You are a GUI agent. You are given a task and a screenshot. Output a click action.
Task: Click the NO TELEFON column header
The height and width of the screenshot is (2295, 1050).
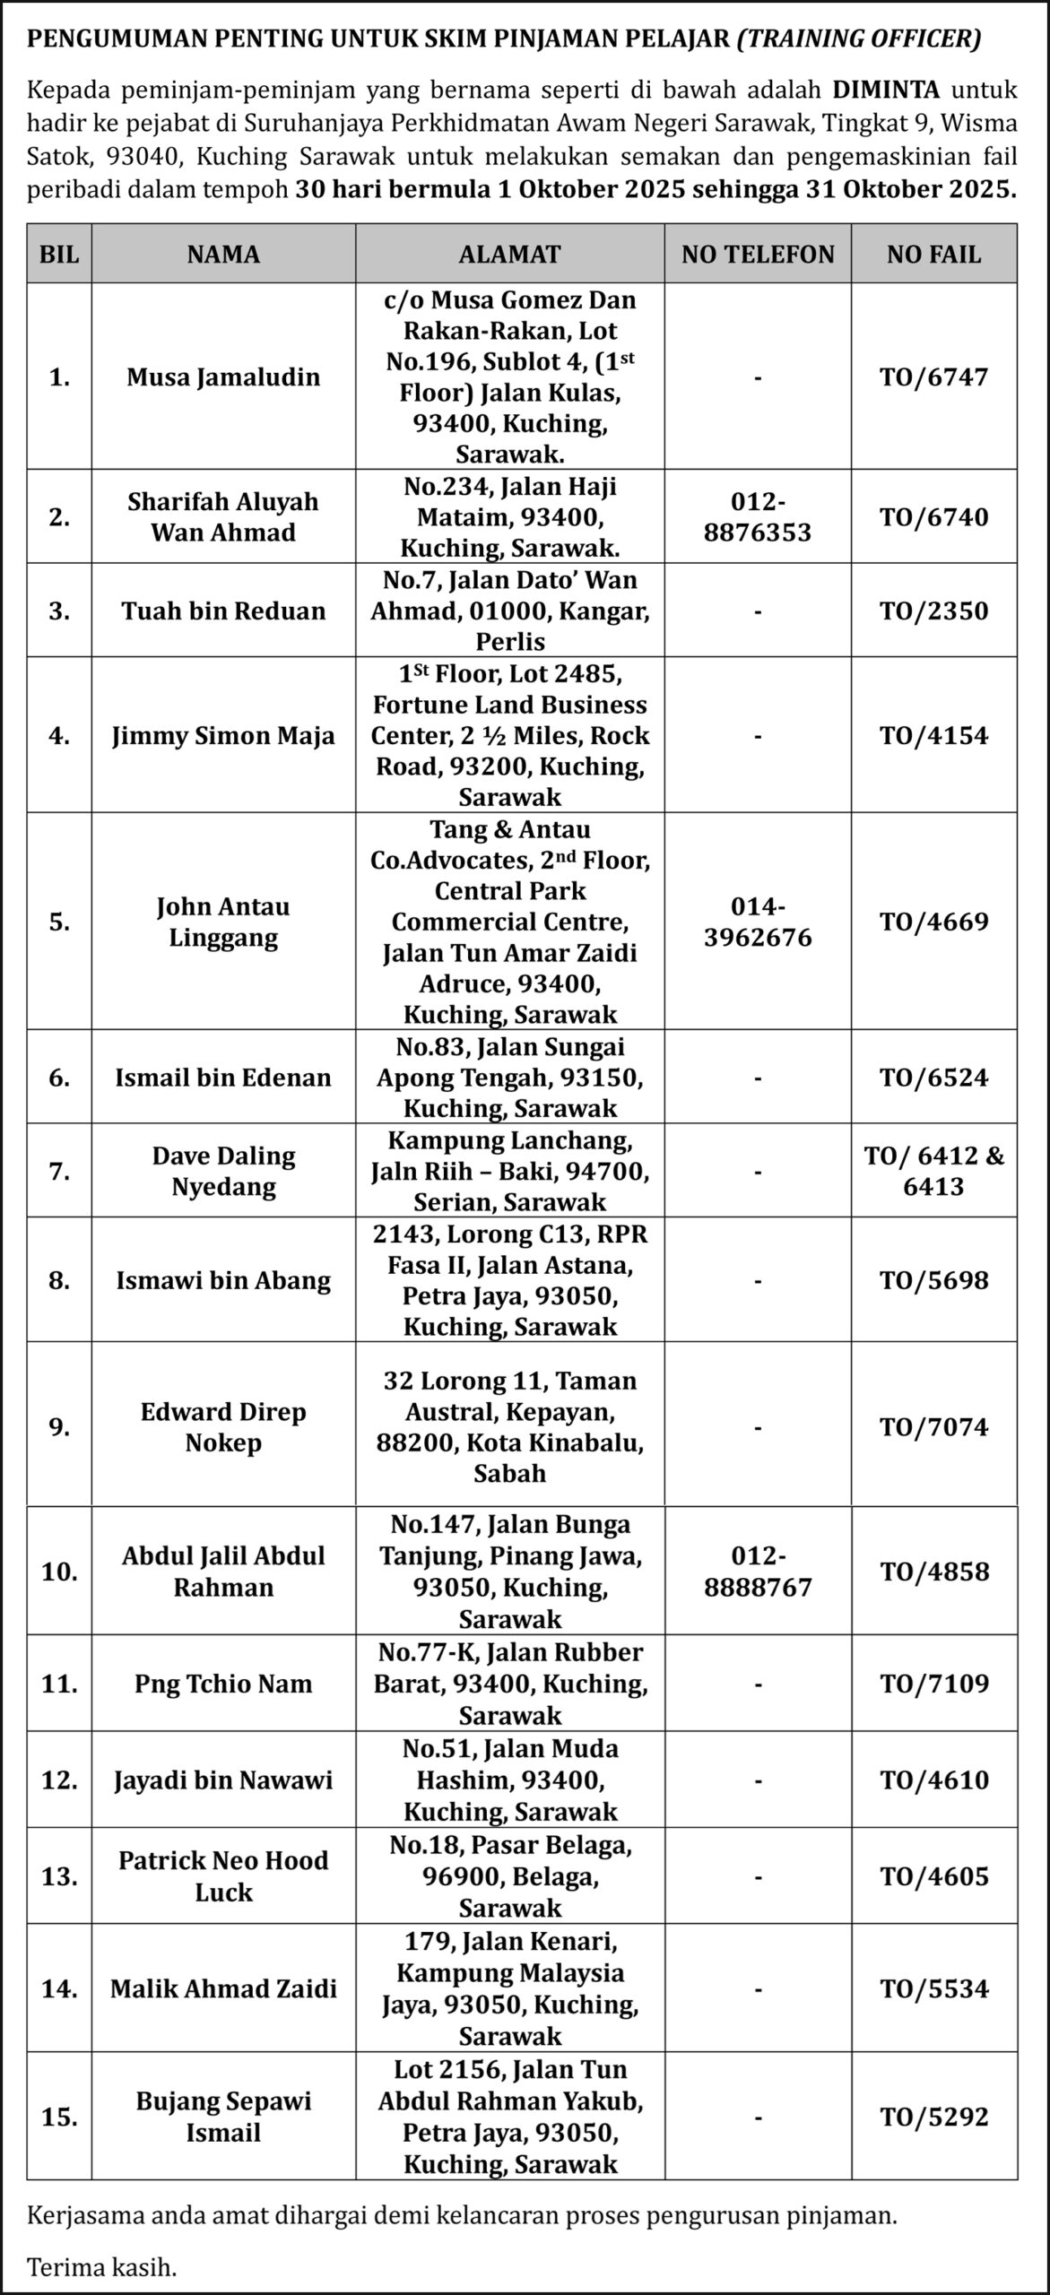coord(758,254)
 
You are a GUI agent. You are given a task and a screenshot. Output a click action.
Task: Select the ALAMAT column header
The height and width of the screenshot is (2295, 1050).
coord(509,254)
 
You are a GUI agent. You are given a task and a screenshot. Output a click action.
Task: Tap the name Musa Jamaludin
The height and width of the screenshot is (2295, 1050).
coord(223,377)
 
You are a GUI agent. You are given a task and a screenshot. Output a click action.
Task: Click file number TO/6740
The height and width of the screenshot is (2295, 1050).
coord(933,517)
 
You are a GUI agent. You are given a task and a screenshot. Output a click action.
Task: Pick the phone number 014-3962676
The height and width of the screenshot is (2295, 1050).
coord(758,922)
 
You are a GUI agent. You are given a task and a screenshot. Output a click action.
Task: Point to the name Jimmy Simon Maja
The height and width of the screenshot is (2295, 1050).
coord(223,735)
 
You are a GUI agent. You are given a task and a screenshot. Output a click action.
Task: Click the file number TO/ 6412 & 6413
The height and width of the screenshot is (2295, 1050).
coord(933,1171)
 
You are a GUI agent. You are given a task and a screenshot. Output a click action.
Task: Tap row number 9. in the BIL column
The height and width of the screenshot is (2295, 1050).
coord(59,1426)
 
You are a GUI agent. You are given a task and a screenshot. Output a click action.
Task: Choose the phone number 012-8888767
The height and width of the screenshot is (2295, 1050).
coord(758,1572)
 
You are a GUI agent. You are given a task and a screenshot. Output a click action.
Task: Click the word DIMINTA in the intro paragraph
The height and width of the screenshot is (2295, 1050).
coord(886,90)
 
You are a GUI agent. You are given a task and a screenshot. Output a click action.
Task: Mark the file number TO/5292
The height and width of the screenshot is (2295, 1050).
coord(933,2117)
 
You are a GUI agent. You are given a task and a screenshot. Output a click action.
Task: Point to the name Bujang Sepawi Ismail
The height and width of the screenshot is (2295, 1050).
coord(223,2117)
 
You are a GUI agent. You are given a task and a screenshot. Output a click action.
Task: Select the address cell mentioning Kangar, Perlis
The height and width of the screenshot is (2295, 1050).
coord(509,611)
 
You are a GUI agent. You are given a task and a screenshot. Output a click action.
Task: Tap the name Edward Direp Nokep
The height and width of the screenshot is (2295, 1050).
coord(223,1426)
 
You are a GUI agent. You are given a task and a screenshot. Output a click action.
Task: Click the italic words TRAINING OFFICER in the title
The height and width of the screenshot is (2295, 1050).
coord(859,39)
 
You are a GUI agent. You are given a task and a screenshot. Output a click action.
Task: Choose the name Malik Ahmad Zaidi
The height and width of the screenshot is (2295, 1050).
coord(223,1989)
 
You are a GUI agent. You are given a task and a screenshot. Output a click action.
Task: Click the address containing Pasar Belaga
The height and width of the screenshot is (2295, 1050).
coord(509,1876)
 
